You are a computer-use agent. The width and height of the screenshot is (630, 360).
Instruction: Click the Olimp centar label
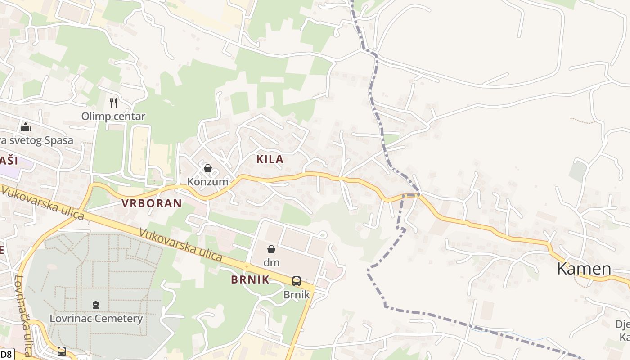(x=113, y=116)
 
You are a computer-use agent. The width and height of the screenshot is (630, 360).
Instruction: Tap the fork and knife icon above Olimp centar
(x=113, y=103)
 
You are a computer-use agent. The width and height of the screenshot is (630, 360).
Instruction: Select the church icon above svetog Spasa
(x=26, y=127)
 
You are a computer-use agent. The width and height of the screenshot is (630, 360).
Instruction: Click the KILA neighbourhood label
(x=270, y=159)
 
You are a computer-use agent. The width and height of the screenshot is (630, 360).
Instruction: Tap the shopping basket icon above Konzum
(x=208, y=169)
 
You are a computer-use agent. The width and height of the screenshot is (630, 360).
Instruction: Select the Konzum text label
(x=208, y=182)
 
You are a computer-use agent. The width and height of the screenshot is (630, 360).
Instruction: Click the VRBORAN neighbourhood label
(x=152, y=203)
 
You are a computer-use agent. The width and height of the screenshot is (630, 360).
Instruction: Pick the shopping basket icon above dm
(x=271, y=249)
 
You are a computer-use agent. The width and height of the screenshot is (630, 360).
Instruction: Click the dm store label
(x=271, y=262)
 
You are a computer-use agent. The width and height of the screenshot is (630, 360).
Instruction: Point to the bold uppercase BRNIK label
(x=250, y=279)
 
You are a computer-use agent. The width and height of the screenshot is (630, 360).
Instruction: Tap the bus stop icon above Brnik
(x=297, y=281)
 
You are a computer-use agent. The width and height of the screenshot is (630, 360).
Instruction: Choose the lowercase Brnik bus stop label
(x=297, y=295)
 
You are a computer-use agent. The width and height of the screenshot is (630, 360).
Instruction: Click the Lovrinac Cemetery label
(x=96, y=319)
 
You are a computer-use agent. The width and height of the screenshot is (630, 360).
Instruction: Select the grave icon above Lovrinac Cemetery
(x=96, y=306)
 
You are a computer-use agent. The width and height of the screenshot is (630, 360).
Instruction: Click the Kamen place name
(x=584, y=269)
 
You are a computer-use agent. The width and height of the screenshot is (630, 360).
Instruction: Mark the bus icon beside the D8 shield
(x=62, y=351)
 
